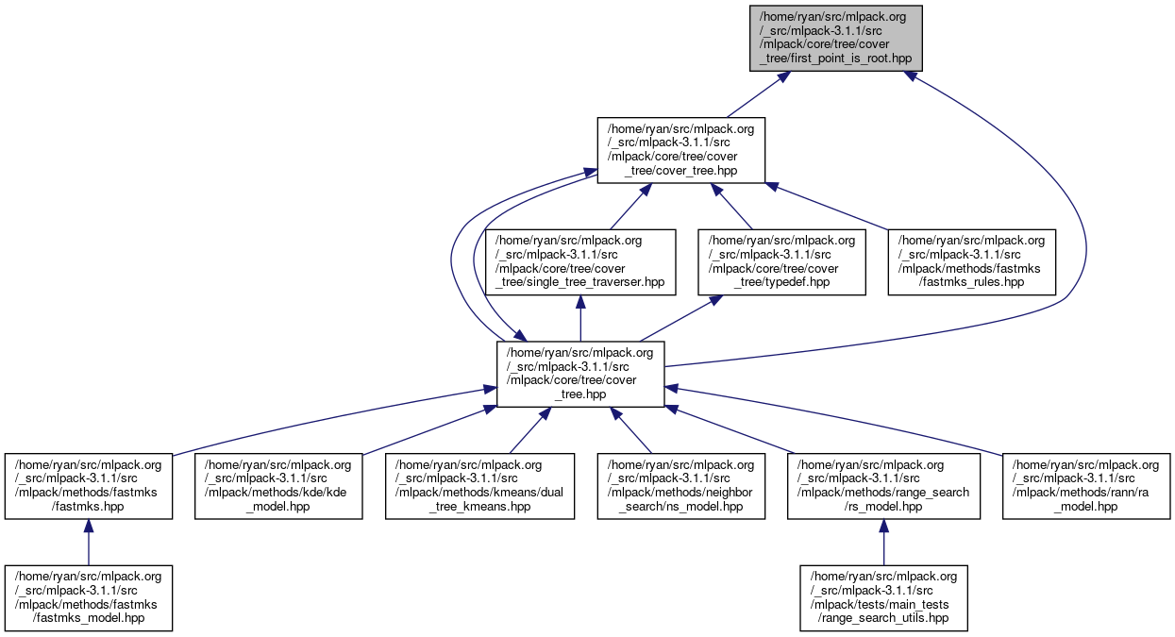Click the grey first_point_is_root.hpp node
(x=835, y=38)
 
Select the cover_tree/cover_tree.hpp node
(x=680, y=150)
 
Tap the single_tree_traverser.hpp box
(x=580, y=261)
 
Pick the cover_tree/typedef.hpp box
(x=782, y=261)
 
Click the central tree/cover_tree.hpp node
(x=580, y=374)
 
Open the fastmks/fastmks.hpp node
(x=88, y=486)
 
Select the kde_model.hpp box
(x=278, y=486)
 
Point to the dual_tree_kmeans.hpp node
(x=479, y=486)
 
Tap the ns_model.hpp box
(x=681, y=486)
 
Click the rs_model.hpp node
(x=883, y=486)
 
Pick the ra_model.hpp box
(x=1086, y=486)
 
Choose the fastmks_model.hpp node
(x=88, y=598)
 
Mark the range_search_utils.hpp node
(x=883, y=598)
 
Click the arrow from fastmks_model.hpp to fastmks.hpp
(x=88, y=543)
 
